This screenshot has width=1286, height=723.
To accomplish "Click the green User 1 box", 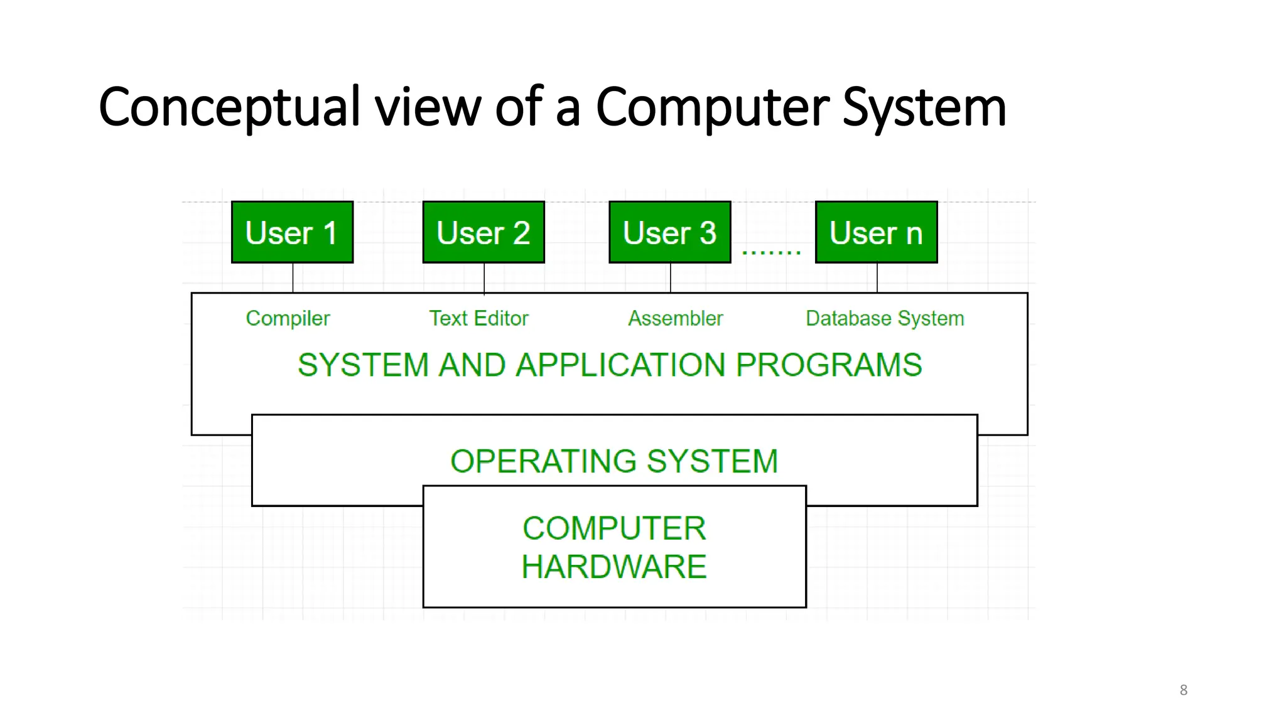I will tap(292, 232).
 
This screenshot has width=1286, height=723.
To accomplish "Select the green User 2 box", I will tap(484, 232).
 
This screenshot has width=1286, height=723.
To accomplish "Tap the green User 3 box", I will tap(670, 232).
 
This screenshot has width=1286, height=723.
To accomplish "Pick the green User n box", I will tap(876, 232).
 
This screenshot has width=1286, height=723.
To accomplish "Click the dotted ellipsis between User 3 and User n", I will tap(771, 252).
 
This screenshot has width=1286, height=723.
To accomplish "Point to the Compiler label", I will tap(288, 319).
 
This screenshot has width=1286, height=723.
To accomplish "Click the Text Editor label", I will tap(478, 318).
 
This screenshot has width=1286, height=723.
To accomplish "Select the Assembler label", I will tap(676, 318).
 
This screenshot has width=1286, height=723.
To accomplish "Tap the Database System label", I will tap(885, 319).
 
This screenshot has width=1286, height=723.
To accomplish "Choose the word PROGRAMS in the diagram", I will tap(829, 365).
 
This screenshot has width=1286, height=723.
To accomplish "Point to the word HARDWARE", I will tap(614, 567).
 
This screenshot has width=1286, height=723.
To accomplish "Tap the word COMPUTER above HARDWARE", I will tap(614, 528).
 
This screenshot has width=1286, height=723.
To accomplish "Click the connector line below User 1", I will tap(293, 277).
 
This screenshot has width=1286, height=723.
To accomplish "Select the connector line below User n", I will tap(877, 277).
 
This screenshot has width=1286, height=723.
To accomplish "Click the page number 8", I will tap(1184, 690).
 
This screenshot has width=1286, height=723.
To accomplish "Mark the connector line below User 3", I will tap(671, 277).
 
